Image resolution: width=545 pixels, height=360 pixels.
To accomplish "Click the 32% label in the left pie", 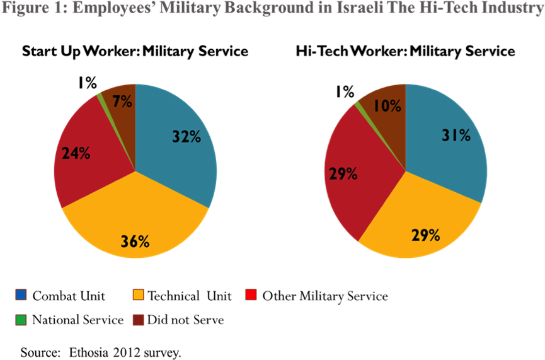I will click(186, 136).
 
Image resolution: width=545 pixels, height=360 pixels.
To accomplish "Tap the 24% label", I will click(76, 153).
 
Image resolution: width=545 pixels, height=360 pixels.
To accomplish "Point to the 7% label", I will click(122, 101).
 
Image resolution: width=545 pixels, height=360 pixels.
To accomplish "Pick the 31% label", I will click(456, 135).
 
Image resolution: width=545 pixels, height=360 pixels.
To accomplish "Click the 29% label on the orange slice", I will click(425, 235).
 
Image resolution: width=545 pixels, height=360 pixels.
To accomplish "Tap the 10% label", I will click(387, 106).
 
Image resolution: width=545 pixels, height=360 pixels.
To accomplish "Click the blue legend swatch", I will click(21, 294).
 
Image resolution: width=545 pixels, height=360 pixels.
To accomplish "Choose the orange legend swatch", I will click(138, 294).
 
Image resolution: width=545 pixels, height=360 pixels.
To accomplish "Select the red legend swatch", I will click(251, 294).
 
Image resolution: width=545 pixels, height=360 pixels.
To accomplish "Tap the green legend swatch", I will click(21, 320).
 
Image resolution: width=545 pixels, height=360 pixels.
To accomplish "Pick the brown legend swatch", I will click(138, 320).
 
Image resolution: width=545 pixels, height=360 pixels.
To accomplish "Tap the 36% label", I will click(135, 241).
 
